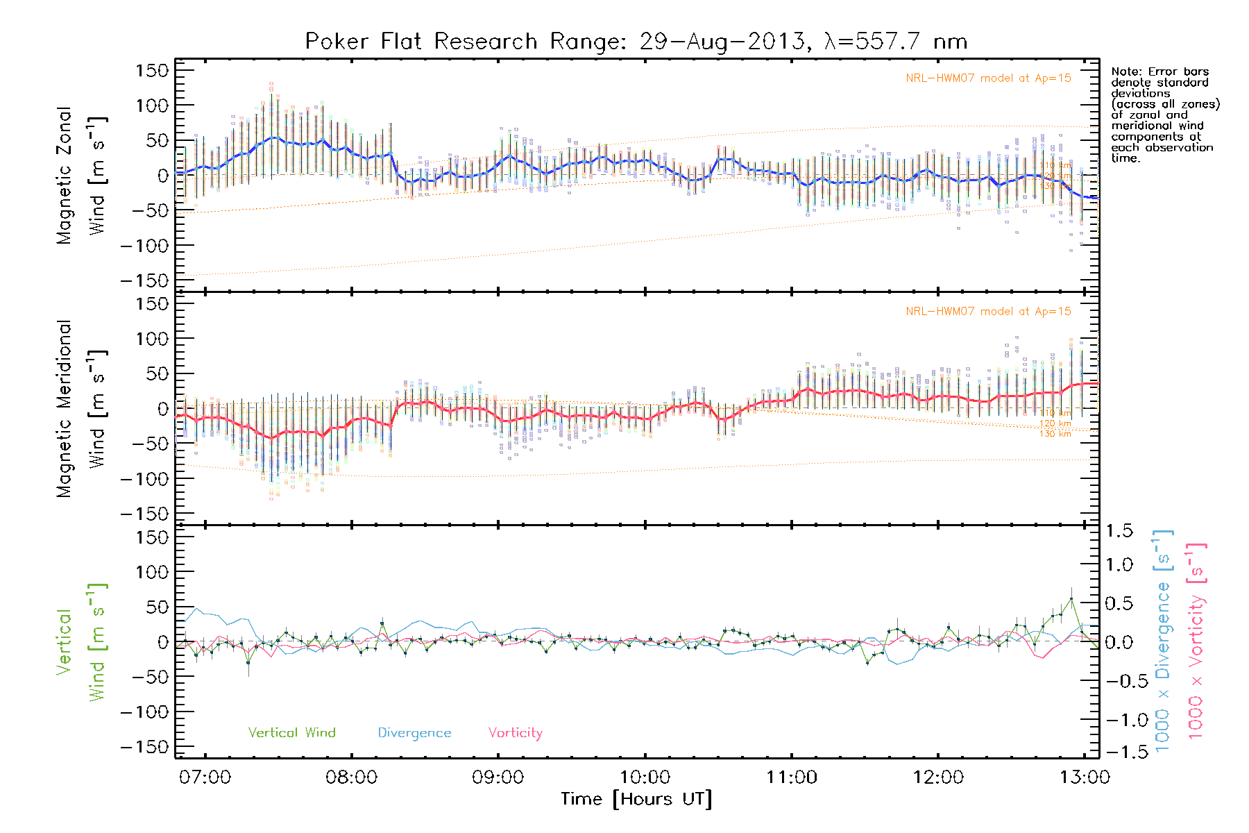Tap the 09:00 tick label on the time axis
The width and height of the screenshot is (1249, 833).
click(x=498, y=777)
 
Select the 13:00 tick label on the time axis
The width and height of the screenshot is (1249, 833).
click(x=1085, y=777)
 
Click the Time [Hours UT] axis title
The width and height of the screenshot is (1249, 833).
click(x=636, y=799)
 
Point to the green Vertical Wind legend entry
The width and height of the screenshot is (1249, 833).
click(x=291, y=732)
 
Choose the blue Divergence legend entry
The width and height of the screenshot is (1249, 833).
click(x=414, y=732)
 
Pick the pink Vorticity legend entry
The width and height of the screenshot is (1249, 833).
click(x=515, y=732)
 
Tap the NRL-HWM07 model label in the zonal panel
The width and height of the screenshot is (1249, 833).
click(x=988, y=78)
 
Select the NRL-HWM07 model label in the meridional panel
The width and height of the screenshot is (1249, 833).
click(x=988, y=312)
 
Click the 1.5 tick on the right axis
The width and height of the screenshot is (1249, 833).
click(x=1119, y=531)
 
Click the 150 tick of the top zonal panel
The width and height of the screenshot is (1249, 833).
click(x=153, y=70)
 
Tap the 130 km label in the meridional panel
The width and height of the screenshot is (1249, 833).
click(x=1055, y=434)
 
